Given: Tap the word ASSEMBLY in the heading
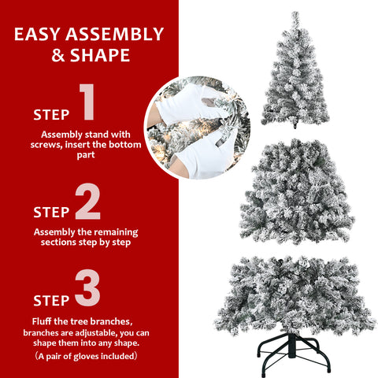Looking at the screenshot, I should pyautogui.click(x=118, y=35).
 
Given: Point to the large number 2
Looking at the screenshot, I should pyautogui.click(x=88, y=202).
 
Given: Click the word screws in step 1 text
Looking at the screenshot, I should pyautogui.click(x=53, y=145).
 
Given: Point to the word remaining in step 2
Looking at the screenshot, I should pyautogui.click(x=115, y=232).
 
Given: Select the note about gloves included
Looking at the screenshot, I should pyautogui.click(x=88, y=356).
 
